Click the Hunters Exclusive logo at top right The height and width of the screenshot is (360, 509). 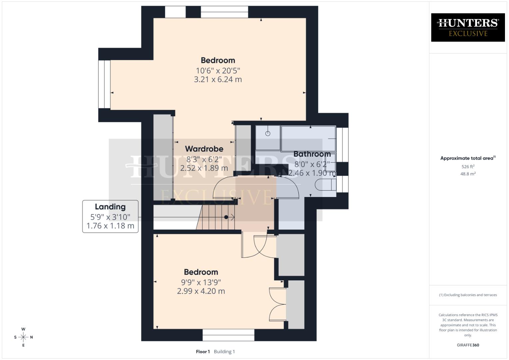tap(468, 27)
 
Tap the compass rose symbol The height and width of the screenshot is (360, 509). tap(23, 337)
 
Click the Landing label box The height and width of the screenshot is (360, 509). tap(110, 216)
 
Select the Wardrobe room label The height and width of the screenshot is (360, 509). tap(204, 149)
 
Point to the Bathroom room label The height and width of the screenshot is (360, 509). tap(312, 154)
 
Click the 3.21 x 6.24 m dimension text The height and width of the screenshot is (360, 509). tap(218, 79)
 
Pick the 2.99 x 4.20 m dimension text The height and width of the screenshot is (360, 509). tap(201, 291)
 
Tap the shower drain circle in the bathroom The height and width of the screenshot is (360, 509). tap(268, 134)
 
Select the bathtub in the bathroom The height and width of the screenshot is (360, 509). tap(308, 139)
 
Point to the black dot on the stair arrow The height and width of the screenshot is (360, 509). tap(226, 217)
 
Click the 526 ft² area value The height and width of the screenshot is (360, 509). tap(468, 166)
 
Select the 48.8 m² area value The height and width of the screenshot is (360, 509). tap(468, 174)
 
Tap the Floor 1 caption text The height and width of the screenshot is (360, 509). tap(203, 351)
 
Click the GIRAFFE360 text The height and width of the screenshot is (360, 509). tap(468, 345)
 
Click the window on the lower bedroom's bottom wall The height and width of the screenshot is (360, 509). tap(228, 335)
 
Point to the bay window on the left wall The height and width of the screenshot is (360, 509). tap(104, 84)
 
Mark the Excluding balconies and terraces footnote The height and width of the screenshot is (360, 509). tap(468, 295)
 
